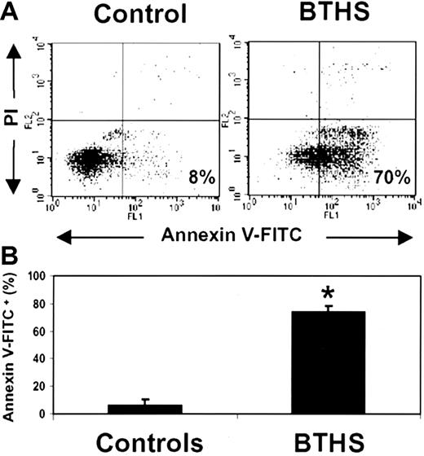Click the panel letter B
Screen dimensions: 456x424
pos(10,262)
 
